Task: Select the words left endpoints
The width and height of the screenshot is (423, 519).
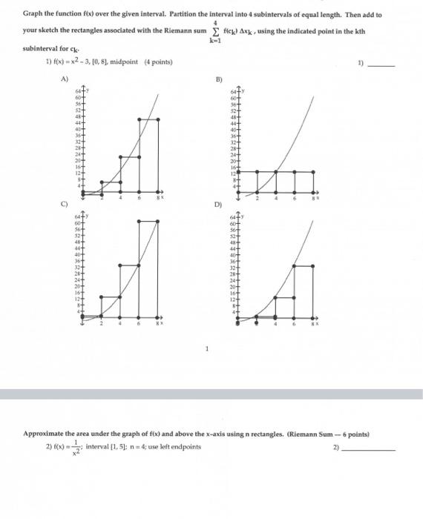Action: pyautogui.click(x=181, y=446)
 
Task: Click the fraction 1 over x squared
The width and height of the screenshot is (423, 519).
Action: pyautogui.click(x=74, y=449)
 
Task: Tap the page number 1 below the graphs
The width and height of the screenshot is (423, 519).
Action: pyautogui.click(x=209, y=349)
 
